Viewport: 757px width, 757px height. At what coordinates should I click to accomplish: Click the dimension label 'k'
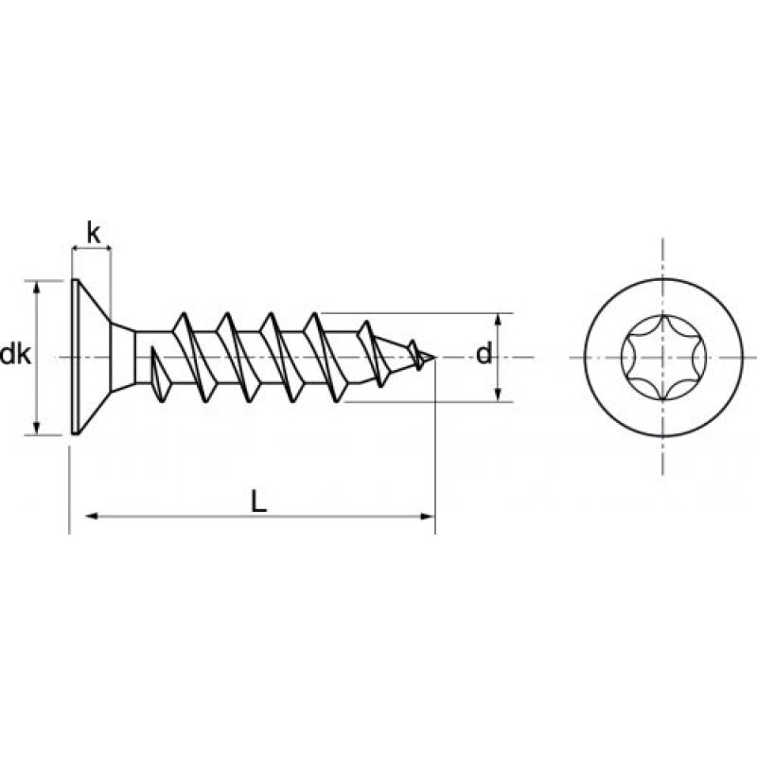tap(92, 230)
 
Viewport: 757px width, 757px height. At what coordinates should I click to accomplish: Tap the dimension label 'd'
tap(483, 356)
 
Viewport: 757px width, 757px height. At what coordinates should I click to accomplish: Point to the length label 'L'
tap(258, 502)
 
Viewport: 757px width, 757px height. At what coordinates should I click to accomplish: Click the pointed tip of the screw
tap(436, 358)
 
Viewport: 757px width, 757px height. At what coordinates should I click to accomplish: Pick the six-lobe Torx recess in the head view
tap(660, 358)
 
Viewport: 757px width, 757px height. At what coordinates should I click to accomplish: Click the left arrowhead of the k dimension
tap(77, 250)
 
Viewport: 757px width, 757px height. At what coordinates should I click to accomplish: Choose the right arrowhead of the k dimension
tap(107, 250)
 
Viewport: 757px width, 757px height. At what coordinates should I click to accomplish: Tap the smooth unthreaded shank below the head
tap(142, 358)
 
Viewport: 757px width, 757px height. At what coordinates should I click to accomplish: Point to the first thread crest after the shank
tap(183, 317)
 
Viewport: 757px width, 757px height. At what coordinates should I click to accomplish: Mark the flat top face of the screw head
tap(74, 358)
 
